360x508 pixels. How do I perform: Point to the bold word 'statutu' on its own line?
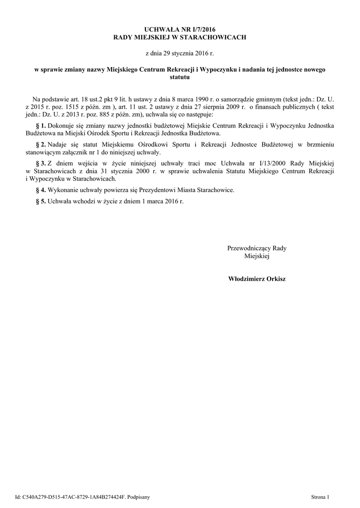coord(179,77)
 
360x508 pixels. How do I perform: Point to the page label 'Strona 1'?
coord(320,497)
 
